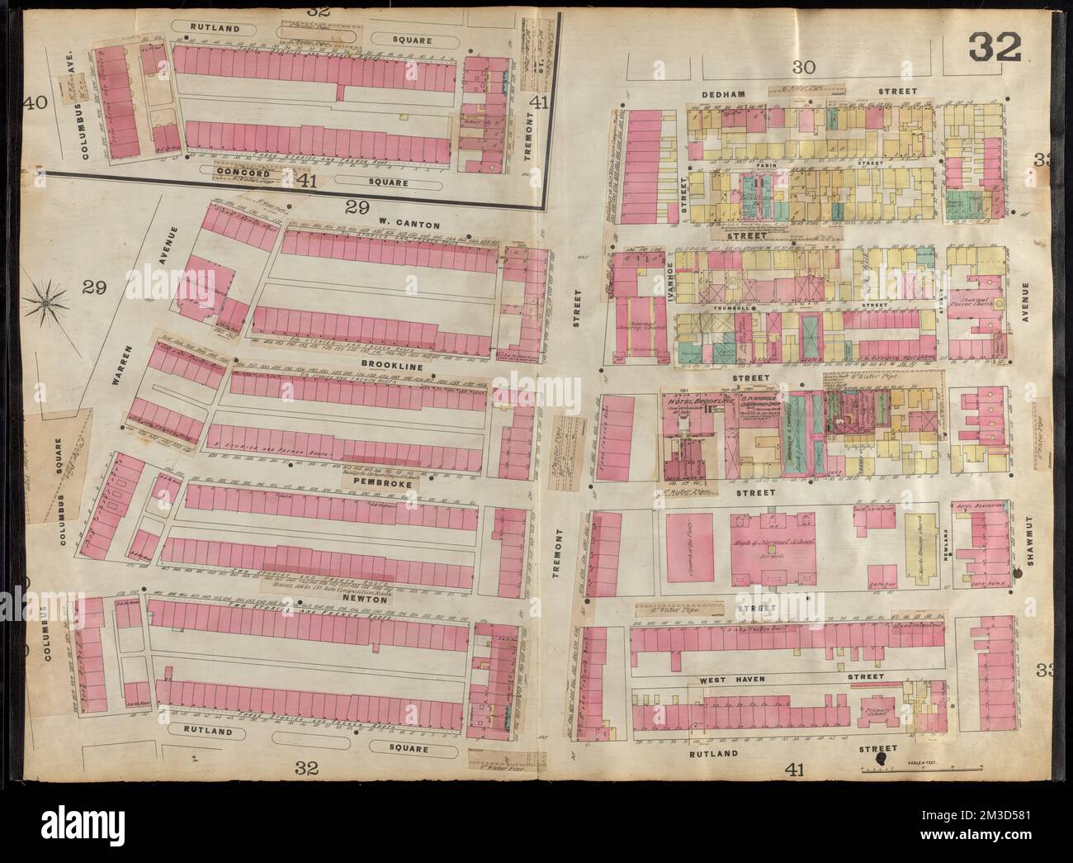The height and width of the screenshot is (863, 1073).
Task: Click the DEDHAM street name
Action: (x=724, y=94)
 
